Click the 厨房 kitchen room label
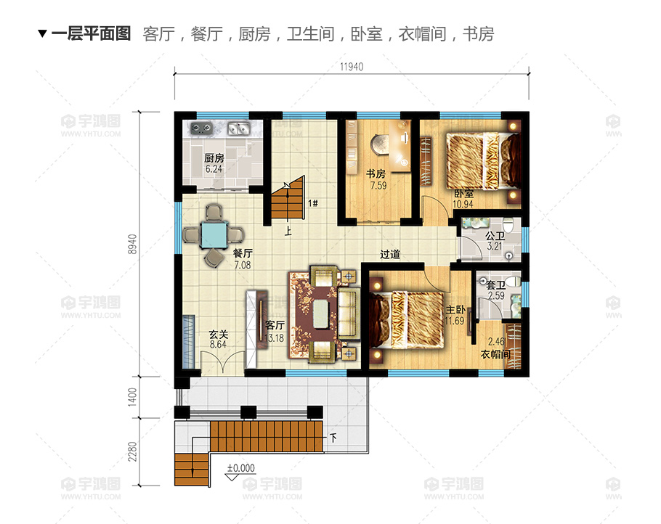click(x=214, y=158)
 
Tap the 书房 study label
click(x=376, y=174)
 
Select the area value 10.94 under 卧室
click(x=463, y=204)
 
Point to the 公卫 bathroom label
click(x=495, y=236)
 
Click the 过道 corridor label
click(x=390, y=255)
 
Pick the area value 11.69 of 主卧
click(x=455, y=321)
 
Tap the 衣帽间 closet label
click(x=495, y=354)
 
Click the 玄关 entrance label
click(x=219, y=335)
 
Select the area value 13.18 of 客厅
click(x=274, y=337)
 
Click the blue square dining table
click(x=214, y=234)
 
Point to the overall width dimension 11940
click(x=352, y=67)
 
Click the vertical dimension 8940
click(x=132, y=244)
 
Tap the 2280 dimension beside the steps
click(x=132, y=451)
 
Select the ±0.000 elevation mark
click(x=241, y=468)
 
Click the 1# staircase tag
click(x=313, y=203)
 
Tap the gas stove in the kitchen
click(x=201, y=128)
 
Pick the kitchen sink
click(x=239, y=128)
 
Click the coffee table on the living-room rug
click(x=321, y=314)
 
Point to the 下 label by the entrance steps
click(x=333, y=438)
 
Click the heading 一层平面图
click(x=91, y=33)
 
